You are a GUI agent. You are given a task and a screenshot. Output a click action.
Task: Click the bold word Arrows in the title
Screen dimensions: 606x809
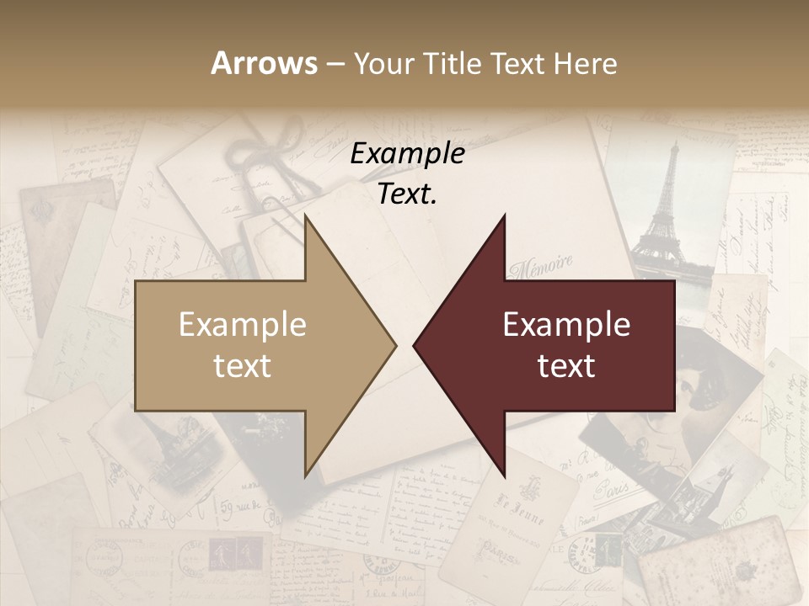point(265,63)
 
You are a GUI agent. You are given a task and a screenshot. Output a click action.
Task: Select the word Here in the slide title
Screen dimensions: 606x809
point(585,63)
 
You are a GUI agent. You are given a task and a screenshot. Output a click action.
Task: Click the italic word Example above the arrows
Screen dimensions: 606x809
point(408,154)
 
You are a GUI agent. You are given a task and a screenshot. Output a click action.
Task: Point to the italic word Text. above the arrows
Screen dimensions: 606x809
point(408,194)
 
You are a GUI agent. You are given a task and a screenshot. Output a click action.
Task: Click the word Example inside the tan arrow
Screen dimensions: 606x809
point(243,325)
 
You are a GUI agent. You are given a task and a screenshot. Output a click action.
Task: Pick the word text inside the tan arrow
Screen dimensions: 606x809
point(243,366)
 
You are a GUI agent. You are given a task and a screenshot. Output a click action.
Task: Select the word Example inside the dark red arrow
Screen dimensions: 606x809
point(566,325)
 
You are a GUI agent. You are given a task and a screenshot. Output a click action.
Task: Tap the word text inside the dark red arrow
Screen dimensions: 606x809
point(566,366)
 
